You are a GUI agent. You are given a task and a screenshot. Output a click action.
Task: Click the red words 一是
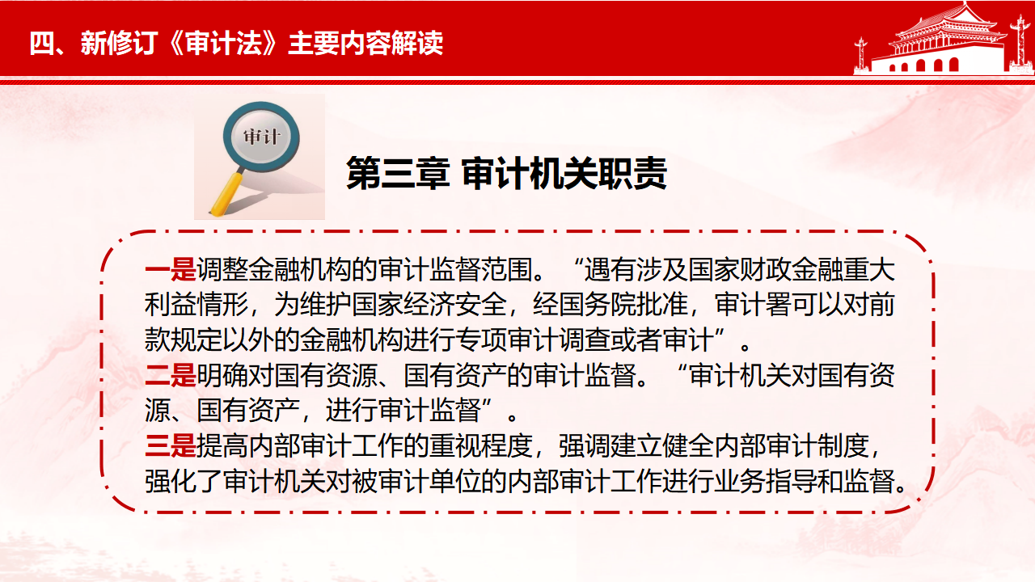click(171, 270)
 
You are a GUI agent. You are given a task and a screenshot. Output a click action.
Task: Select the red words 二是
click(171, 375)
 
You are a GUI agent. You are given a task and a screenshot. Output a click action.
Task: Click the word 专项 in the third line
click(481, 340)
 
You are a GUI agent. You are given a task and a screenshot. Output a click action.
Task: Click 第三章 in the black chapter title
click(398, 173)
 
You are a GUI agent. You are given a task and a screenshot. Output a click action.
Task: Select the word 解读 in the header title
click(417, 43)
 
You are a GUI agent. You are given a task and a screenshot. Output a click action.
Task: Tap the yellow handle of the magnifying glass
click(228, 193)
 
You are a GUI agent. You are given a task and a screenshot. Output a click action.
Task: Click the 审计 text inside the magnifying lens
click(261, 137)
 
